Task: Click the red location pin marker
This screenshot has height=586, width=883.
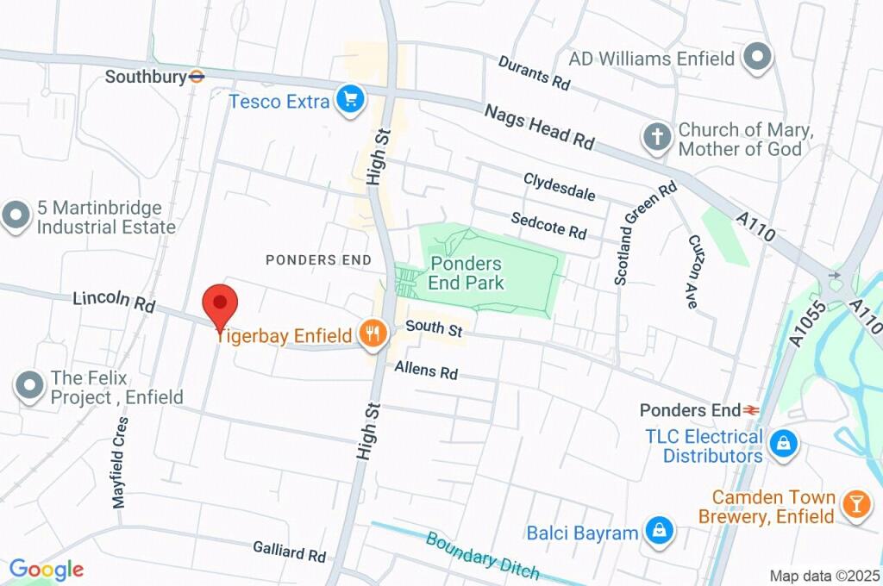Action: point(219,304)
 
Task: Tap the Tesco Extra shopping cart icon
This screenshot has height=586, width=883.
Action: point(349,101)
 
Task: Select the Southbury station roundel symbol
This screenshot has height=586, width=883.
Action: point(197,77)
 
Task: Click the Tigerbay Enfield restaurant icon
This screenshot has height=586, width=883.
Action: point(373,334)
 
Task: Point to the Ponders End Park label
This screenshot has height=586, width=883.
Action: point(467,272)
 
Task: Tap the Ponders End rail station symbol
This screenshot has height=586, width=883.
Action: point(751,410)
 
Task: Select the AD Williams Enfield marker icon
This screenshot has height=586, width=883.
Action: point(757,58)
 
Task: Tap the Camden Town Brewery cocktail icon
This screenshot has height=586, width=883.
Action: point(856,506)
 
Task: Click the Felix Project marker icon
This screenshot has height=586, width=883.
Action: point(30,387)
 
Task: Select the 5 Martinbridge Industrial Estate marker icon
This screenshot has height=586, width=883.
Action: point(16,216)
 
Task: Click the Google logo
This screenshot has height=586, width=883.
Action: point(46,569)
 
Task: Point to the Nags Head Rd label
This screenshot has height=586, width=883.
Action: point(540,127)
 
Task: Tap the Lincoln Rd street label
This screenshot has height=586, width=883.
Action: point(113,302)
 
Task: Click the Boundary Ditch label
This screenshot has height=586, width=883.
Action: point(482,555)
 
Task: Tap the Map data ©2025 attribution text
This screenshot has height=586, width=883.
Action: point(824,576)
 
